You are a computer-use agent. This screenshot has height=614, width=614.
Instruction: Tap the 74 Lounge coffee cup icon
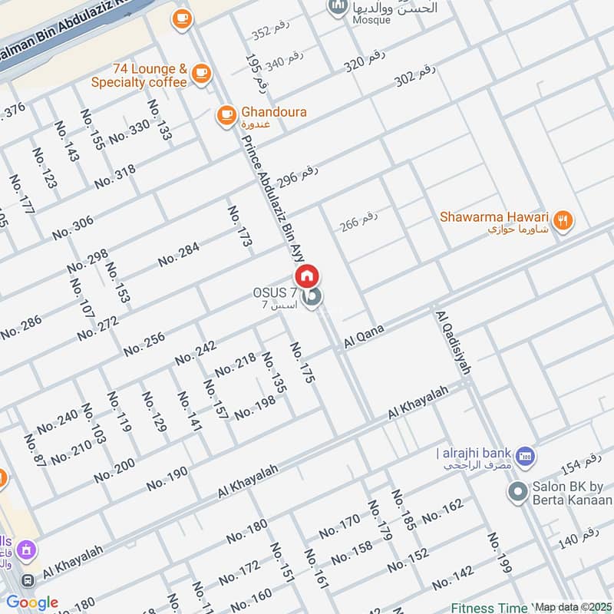(x=201, y=73)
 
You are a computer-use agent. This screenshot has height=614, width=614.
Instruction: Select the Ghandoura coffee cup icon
(x=226, y=114)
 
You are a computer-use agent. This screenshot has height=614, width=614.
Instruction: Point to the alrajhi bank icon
(x=525, y=456)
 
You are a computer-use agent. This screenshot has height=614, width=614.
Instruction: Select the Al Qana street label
(x=364, y=337)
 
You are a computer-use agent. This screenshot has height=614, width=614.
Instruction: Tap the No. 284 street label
(x=179, y=254)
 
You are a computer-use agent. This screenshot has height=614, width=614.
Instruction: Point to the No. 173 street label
(x=239, y=226)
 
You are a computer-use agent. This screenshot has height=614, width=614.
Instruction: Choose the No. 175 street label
(x=303, y=364)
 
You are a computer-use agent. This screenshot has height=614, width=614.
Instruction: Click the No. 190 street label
(x=167, y=478)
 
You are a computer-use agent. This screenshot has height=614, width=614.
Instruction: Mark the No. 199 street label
(x=499, y=553)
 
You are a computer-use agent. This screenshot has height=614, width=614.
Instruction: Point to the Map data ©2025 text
(x=572, y=607)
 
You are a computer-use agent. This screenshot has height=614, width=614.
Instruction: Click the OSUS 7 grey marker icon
(x=311, y=297)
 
